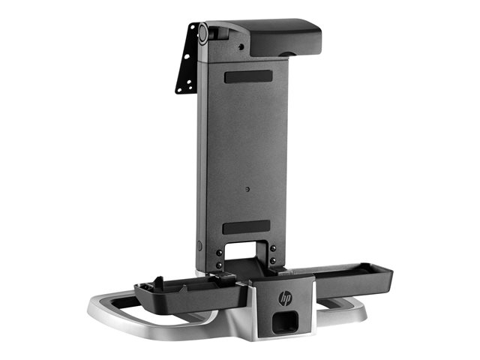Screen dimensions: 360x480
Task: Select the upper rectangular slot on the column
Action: click(248, 76)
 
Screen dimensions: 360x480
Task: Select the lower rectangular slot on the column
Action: click(247, 226)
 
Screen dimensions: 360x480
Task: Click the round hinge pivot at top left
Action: click(202, 32)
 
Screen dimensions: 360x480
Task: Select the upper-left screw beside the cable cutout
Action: click(219, 253)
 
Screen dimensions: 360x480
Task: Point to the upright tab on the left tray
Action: click(158, 283)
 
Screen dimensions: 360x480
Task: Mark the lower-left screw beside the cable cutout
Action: click(219, 265)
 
